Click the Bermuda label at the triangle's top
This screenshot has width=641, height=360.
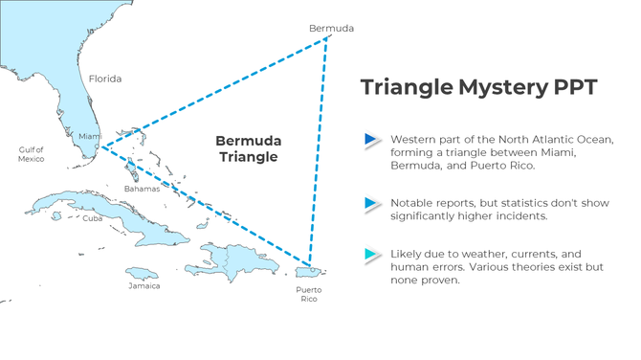pyautogui.click(x=331, y=28)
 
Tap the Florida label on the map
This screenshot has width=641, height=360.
pyautogui.click(x=104, y=79)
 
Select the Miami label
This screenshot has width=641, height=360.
pyautogui.click(x=89, y=136)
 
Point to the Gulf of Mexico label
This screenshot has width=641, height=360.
pyautogui.click(x=31, y=154)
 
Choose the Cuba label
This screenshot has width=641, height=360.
pyautogui.click(x=92, y=218)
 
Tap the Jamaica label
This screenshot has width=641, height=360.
pyautogui.click(x=144, y=285)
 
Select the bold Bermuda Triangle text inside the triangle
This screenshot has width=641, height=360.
pyautogui.click(x=248, y=148)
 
